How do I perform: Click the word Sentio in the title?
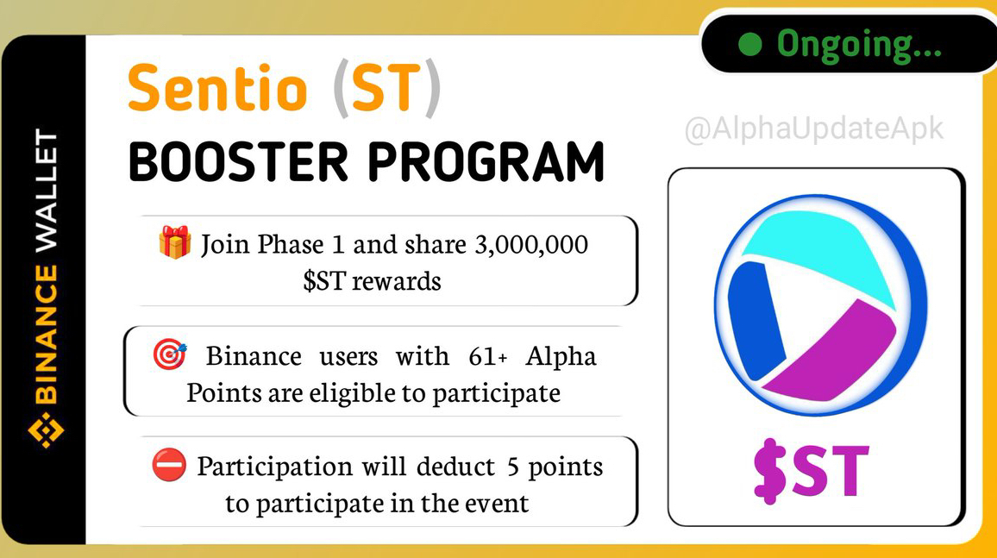(217, 88)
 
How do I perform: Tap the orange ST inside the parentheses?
(386, 88)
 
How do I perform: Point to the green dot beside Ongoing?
(750, 44)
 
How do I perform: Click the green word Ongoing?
(858, 46)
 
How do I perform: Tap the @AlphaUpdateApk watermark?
(814, 129)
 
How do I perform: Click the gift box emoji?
(175, 242)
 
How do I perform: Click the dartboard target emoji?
(170, 354)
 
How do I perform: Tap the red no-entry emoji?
(169, 465)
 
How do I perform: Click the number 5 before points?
(513, 467)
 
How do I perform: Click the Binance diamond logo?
(46, 430)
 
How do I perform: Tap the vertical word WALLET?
(47, 191)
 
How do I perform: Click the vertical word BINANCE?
(47, 335)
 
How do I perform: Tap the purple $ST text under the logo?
(811, 470)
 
